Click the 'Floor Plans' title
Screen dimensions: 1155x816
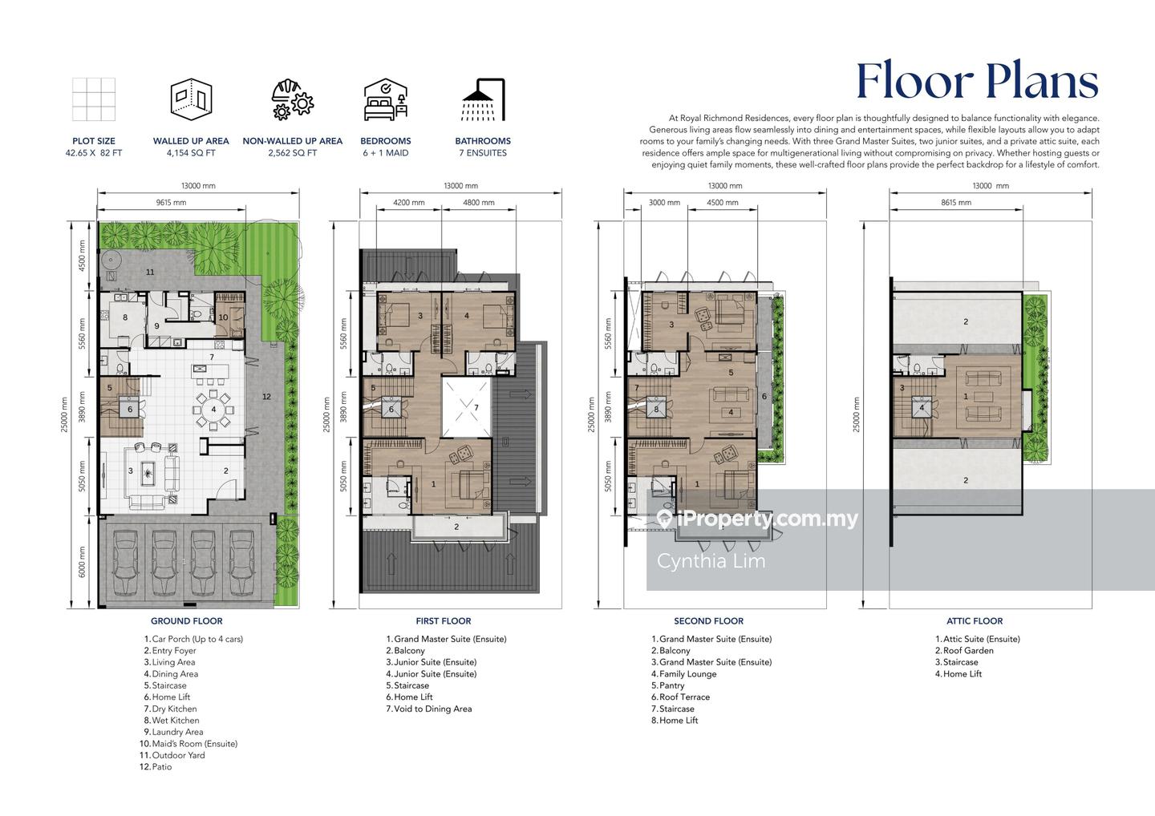[x=977, y=82]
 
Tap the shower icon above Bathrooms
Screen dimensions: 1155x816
[x=483, y=99]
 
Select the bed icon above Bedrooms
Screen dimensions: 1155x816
[x=386, y=99]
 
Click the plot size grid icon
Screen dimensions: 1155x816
[x=94, y=99]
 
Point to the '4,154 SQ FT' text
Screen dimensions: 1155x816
[x=191, y=153]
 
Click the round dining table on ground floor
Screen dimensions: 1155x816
[x=213, y=410]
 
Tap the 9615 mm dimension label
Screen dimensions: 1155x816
[x=171, y=203]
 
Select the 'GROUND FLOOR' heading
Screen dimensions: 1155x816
[x=187, y=621]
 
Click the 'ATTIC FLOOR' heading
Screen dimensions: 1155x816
[x=975, y=621]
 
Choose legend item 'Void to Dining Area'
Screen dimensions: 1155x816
[x=432, y=709]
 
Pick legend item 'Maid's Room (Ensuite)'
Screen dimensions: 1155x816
[x=194, y=744]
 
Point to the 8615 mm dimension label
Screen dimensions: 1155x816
[x=956, y=203]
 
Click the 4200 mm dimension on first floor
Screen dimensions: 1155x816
[x=409, y=203]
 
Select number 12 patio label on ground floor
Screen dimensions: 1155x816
[x=266, y=397]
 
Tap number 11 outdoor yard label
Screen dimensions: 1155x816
[x=150, y=272]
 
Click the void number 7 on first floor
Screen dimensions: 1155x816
[x=476, y=407]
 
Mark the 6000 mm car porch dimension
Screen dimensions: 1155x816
[x=82, y=562]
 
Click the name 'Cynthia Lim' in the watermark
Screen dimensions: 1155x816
[x=711, y=561]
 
